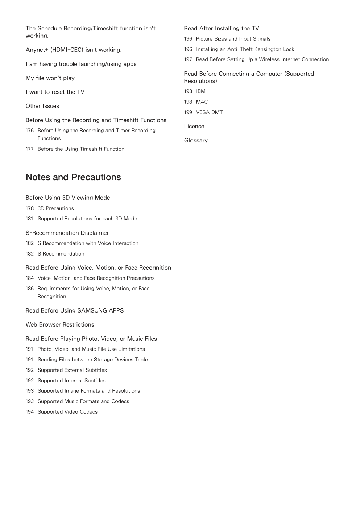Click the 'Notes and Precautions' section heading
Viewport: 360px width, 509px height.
[x=73, y=177]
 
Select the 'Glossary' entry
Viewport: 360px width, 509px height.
[x=196, y=141]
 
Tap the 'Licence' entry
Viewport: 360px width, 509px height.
[x=194, y=127]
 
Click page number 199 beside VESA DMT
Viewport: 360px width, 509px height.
[x=188, y=112]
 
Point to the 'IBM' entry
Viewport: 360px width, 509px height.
[x=200, y=91]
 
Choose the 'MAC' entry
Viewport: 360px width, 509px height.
[x=202, y=102]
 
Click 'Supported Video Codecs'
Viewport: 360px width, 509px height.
[x=67, y=412]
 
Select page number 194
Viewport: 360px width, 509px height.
[x=29, y=412]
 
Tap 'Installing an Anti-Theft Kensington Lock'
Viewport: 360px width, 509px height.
[x=245, y=49]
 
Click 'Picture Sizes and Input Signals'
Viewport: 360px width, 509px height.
[x=233, y=39]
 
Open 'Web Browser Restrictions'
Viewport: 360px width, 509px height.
[x=60, y=325]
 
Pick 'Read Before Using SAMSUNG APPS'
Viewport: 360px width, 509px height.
[x=75, y=311]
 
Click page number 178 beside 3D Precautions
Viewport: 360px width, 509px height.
[x=29, y=208]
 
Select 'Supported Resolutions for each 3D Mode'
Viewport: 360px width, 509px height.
[x=87, y=219]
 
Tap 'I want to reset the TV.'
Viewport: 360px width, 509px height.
[x=55, y=92]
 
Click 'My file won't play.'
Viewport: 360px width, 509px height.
[x=50, y=78]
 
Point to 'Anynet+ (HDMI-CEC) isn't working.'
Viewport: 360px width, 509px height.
[x=74, y=50]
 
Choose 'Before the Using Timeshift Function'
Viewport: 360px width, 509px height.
[x=81, y=149]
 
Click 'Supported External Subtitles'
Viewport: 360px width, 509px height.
[x=72, y=370]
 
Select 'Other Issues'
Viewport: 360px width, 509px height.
[x=42, y=106]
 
